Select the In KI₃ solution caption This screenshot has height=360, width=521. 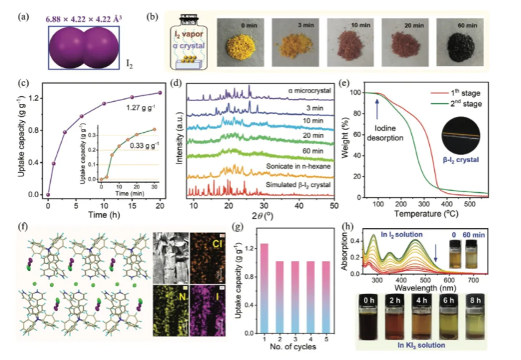(x=436, y=347)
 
